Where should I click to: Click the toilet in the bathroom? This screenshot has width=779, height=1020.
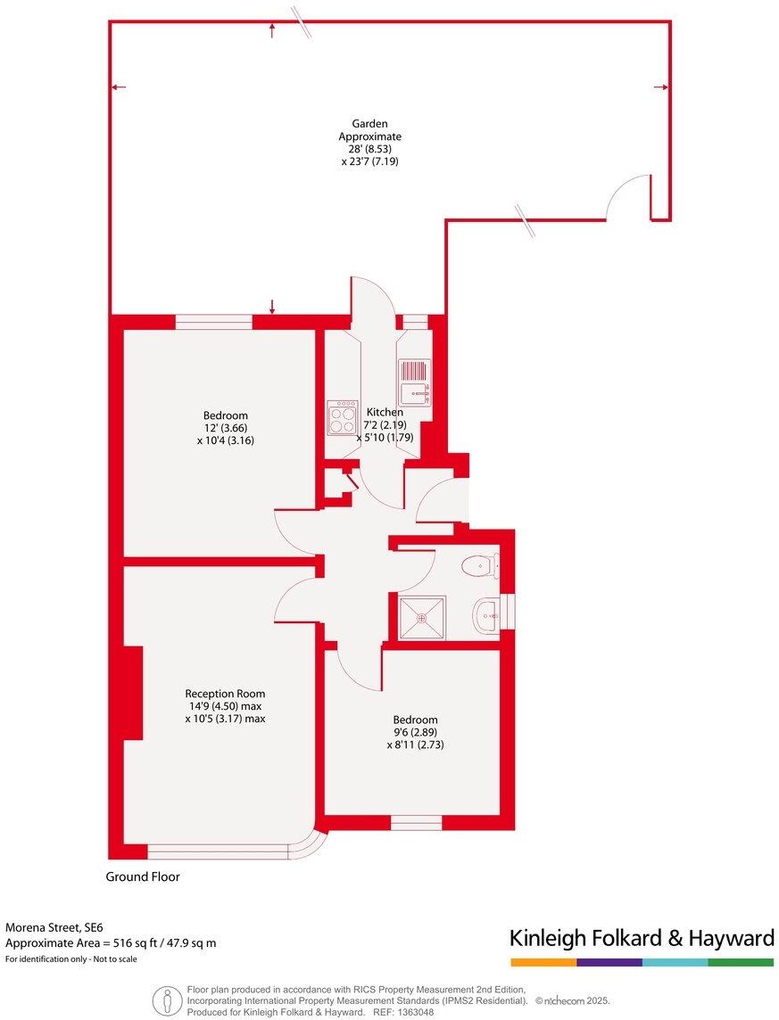[x=483, y=564]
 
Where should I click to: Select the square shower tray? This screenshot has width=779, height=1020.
[x=422, y=618]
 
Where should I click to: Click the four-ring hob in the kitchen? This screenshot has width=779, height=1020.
[x=342, y=417]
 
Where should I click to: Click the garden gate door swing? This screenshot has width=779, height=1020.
[x=627, y=196]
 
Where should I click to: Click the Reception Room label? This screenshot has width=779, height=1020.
[x=225, y=694]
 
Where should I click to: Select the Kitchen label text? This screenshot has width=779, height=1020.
[x=385, y=413]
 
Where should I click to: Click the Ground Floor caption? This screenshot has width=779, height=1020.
[x=143, y=877]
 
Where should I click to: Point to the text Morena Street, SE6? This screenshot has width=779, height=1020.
[x=61, y=927]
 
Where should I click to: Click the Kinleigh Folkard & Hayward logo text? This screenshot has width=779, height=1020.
[x=642, y=938]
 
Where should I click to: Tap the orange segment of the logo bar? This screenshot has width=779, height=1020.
[x=543, y=963]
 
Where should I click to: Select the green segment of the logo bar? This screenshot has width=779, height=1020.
[x=741, y=963]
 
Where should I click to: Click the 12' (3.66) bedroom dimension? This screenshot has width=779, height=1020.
[x=225, y=428]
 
